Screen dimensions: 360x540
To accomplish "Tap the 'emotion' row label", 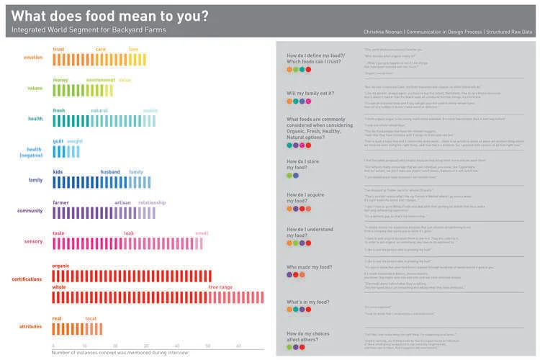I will [32, 58].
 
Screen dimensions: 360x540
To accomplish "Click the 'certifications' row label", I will [27, 278].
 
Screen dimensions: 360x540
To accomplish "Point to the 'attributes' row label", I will [31, 326].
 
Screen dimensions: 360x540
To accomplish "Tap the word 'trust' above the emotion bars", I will [59, 49].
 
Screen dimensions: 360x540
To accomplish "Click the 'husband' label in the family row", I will [110, 172].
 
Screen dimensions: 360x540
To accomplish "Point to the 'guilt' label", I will [58, 141].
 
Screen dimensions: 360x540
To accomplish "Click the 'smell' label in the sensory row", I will [202, 233].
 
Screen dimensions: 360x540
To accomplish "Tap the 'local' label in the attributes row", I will [91, 318].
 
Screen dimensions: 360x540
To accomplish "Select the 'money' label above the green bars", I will [60, 79].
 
